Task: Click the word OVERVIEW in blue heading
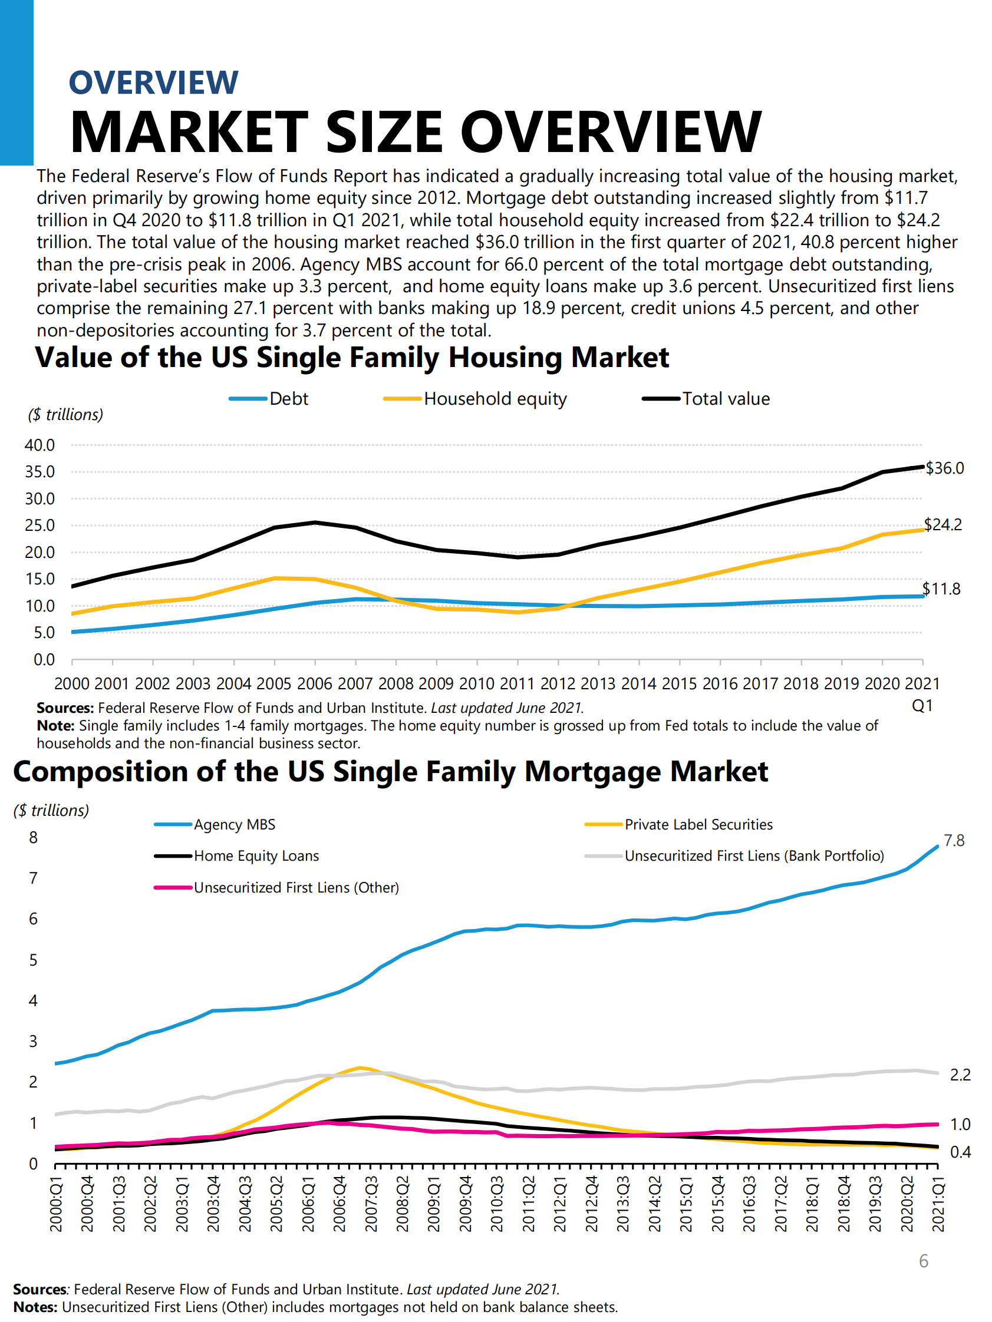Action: tap(154, 82)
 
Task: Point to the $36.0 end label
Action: tap(944, 468)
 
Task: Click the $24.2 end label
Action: tap(942, 525)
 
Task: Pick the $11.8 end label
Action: tap(941, 589)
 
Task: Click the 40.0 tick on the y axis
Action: tap(39, 445)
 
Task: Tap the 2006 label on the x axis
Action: tap(315, 683)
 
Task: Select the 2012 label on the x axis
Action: tap(558, 683)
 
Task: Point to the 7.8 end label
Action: tap(954, 841)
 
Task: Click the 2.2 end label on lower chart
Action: tap(960, 1075)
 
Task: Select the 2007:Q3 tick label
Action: tap(371, 1204)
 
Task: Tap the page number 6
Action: tap(923, 1261)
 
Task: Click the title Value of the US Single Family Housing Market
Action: tap(352, 358)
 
